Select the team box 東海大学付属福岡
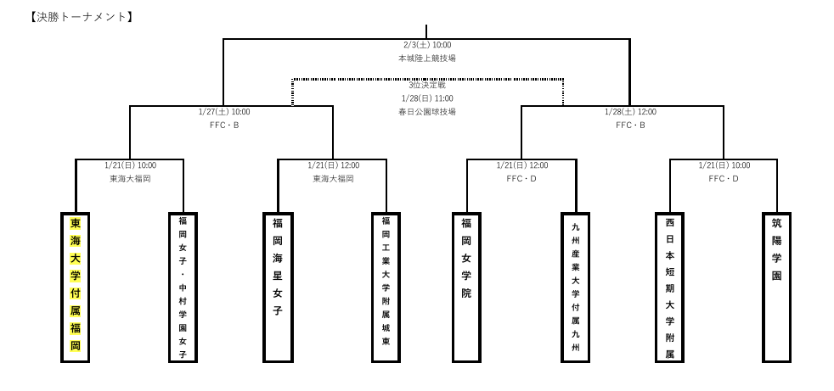click(76, 287)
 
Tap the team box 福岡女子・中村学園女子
click(183, 287)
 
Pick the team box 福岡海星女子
click(278, 287)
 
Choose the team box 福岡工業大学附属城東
click(386, 287)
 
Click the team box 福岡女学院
click(466, 287)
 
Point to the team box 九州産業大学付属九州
click(575, 287)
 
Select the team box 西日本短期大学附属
click(669, 287)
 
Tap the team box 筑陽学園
click(776, 287)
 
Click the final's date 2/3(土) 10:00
click(427, 45)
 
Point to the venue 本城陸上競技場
click(427, 59)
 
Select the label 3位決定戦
click(427, 86)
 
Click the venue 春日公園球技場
click(427, 112)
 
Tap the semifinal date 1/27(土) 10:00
click(224, 112)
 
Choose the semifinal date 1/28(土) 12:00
click(630, 112)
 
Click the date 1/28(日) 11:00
click(427, 98)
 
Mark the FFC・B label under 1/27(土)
click(224, 126)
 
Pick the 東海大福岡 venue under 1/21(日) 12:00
click(333, 179)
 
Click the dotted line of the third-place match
click(357, 80)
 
